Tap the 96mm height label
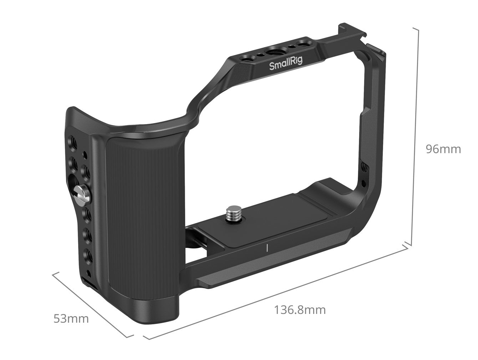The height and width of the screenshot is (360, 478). (x=443, y=149)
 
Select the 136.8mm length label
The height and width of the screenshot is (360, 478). (x=300, y=310)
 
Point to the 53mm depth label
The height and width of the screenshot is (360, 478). (x=71, y=318)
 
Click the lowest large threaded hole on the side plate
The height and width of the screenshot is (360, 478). (x=87, y=255)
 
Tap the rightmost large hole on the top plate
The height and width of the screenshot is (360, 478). (x=303, y=44)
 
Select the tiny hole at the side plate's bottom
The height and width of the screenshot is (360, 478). (x=88, y=274)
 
